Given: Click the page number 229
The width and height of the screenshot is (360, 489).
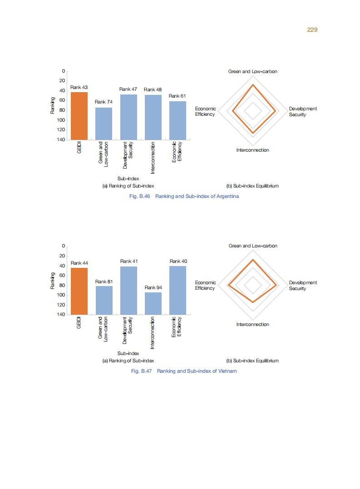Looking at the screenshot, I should pyautogui.click(x=312, y=30).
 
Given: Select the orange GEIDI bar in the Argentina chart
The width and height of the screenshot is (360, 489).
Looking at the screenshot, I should pyautogui.click(x=79, y=116).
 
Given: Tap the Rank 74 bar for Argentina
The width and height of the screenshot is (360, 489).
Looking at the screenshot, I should pyautogui.click(x=104, y=123).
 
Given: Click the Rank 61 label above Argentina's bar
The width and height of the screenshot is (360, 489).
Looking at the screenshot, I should pyautogui.click(x=177, y=96).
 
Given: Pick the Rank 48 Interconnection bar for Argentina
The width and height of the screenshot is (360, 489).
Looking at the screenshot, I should pyautogui.click(x=153, y=117).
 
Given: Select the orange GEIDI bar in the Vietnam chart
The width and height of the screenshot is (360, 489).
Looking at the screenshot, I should pyautogui.click(x=79, y=291).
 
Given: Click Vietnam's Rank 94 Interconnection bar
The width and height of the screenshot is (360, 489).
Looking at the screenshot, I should pyautogui.click(x=153, y=303).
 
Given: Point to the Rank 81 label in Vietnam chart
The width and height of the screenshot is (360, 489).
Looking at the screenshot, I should pyautogui.click(x=104, y=282).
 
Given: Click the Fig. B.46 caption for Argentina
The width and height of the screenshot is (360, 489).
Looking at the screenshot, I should pyautogui.click(x=184, y=196).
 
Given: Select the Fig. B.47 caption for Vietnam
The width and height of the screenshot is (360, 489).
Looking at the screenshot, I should pyautogui.click(x=184, y=371).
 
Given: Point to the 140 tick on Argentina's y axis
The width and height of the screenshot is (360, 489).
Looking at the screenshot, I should pyautogui.click(x=60, y=139).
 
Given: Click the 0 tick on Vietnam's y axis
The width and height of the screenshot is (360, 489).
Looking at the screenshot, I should pyautogui.click(x=64, y=246).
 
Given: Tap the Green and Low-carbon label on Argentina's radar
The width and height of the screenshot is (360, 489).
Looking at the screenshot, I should pyautogui.click(x=253, y=72).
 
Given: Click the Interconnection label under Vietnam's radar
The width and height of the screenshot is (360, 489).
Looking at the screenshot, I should pyautogui.click(x=253, y=324).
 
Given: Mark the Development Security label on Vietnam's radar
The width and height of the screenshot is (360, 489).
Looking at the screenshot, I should pyautogui.click(x=303, y=286).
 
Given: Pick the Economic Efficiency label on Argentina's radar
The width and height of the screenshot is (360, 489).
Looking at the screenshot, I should pyautogui.click(x=205, y=112).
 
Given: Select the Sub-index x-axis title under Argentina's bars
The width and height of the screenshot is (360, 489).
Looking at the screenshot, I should pyautogui.click(x=128, y=178).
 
